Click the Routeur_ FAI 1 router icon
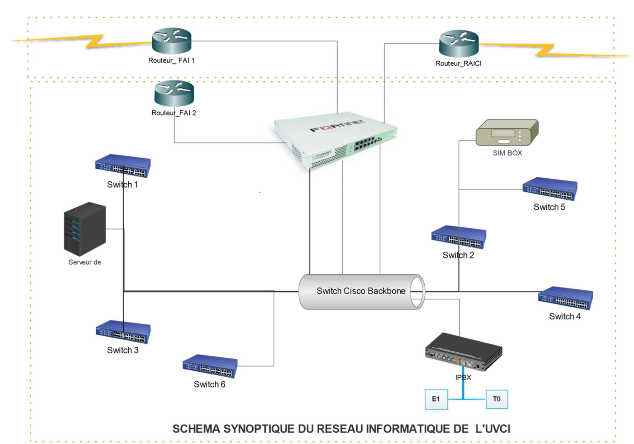tap(172, 41)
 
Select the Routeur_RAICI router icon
tap(459, 44)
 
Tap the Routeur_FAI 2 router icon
tap(174, 93)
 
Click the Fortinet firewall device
tap(335, 143)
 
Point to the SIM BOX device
tap(507, 132)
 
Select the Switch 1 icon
tap(123, 166)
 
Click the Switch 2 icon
tap(459, 237)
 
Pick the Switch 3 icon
tap(123, 332)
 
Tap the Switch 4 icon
tap(565, 298)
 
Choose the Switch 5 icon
tap(550, 189)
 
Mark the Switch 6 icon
tap(210, 366)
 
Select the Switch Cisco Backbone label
tap(361, 291)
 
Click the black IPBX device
tap(463, 353)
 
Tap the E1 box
tap(436, 399)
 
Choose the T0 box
tap(497, 399)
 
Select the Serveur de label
tap(85, 262)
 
